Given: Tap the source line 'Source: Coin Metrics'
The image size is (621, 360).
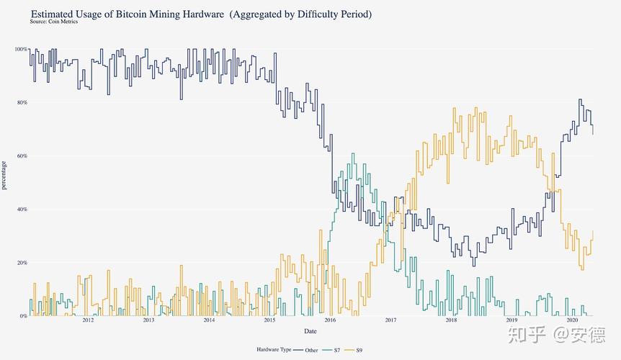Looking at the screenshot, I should point(54,22).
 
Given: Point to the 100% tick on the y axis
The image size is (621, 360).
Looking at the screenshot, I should point(21,49).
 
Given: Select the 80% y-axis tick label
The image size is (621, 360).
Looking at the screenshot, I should point(22,102).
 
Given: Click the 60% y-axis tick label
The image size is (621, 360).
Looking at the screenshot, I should point(22,156).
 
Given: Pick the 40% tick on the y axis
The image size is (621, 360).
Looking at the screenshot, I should point(22,209).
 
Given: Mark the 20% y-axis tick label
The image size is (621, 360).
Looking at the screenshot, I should point(22,262).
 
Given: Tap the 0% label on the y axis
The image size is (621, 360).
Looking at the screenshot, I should point(23,315).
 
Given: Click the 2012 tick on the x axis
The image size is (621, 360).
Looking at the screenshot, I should point(87,321).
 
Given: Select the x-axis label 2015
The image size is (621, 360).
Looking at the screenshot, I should point(269,321).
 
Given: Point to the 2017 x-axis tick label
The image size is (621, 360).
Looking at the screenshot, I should point(390,321).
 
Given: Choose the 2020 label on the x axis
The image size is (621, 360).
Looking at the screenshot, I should point(573,321).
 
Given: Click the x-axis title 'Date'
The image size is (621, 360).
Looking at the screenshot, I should point(309,330).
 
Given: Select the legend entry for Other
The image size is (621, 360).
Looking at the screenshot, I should point(306,350).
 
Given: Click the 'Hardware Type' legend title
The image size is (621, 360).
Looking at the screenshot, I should point(274,350).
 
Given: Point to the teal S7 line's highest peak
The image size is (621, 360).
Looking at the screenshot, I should point(352,153).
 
